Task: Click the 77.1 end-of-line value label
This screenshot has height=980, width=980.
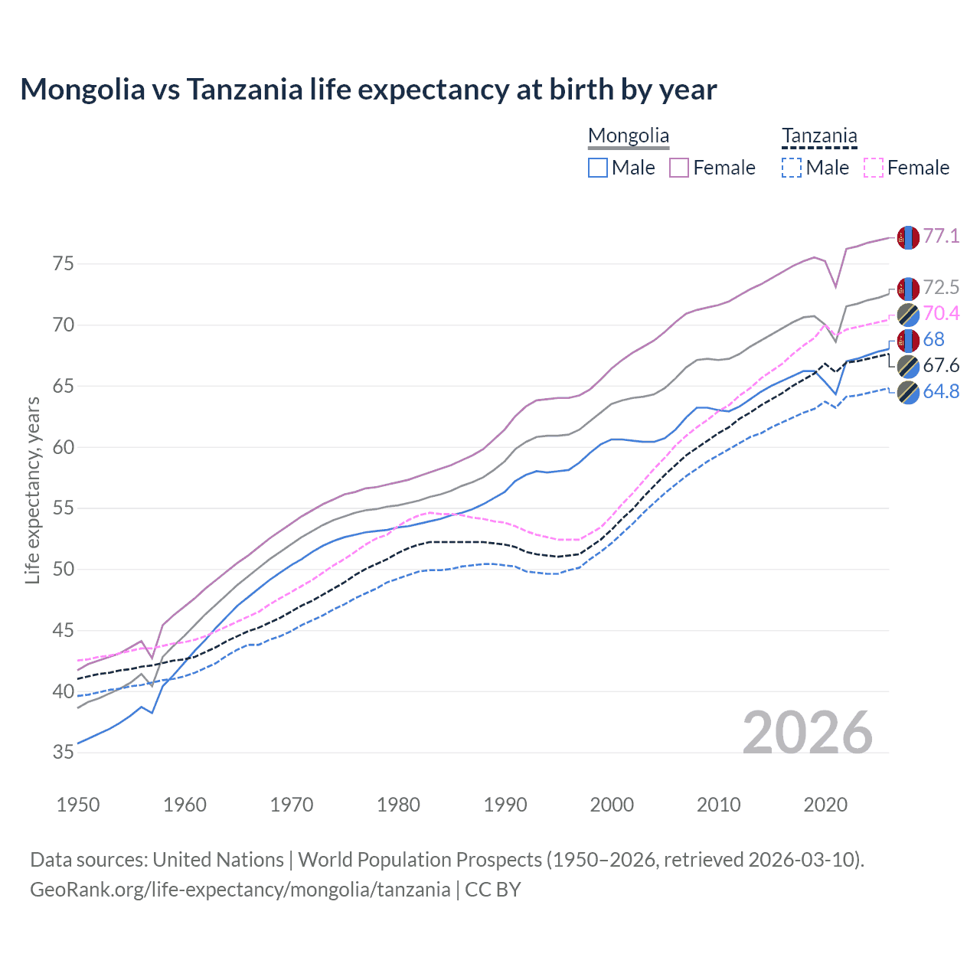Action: [x=941, y=237]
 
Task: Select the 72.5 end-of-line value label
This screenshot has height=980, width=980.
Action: [x=941, y=288]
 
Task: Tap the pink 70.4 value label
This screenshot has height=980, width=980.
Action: [x=941, y=314]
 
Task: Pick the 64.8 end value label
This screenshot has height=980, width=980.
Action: [x=941, y=392]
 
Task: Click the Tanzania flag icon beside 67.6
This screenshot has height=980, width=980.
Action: [x=908, y=366]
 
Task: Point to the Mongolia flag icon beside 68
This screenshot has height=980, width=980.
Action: [x=908, y=340]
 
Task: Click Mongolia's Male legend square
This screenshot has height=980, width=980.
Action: [x=598, y=168]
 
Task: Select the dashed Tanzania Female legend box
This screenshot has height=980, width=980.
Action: [x=874, y=168]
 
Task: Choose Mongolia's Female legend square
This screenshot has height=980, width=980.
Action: [x=679, y=168]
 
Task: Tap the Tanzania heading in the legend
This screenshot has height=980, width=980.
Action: [x=819, y=136]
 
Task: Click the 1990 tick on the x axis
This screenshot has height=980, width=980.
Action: [x=505, y=805]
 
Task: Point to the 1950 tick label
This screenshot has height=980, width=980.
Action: [x=78, y=805]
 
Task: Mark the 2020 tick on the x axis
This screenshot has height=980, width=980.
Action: [x=825, y=805]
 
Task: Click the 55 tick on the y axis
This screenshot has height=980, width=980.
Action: [x=64, y=508]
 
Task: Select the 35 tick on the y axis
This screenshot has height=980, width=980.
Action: [x=64, y=753]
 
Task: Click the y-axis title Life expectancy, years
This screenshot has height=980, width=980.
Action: [x=33, y=490]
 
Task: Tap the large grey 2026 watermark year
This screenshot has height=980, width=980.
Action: [x=808, y=733]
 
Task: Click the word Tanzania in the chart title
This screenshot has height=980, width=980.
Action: [x=245, y=90]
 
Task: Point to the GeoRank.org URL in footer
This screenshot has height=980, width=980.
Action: [x=240, y=890]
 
